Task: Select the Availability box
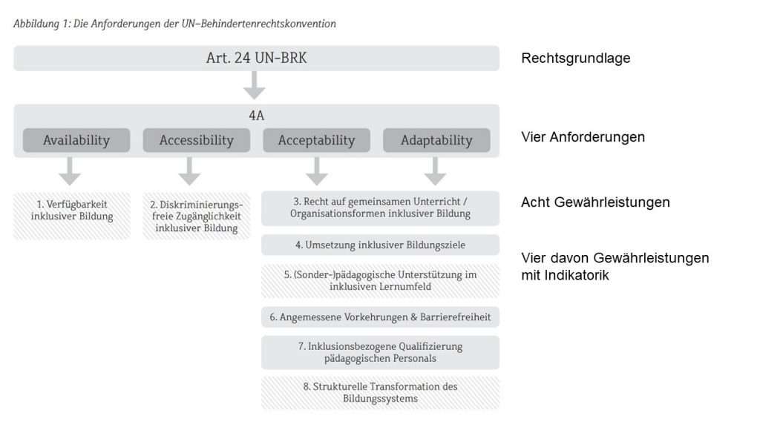pos(76,140)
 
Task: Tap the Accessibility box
pos(197,140)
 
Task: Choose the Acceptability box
pos(316,140)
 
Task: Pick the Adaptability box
pos(436,140)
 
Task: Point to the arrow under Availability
pos(71,171)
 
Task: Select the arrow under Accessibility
pos(189,171)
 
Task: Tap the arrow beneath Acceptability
pos(317,171)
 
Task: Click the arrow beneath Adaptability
pos(436,171)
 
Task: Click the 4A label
pos(256,116)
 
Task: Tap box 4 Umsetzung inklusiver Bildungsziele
pos(380,245)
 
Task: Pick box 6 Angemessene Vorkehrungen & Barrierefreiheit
pos(380,317)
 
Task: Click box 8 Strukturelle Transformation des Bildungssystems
pos(380,392)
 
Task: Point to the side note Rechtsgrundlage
pos(576,58)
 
